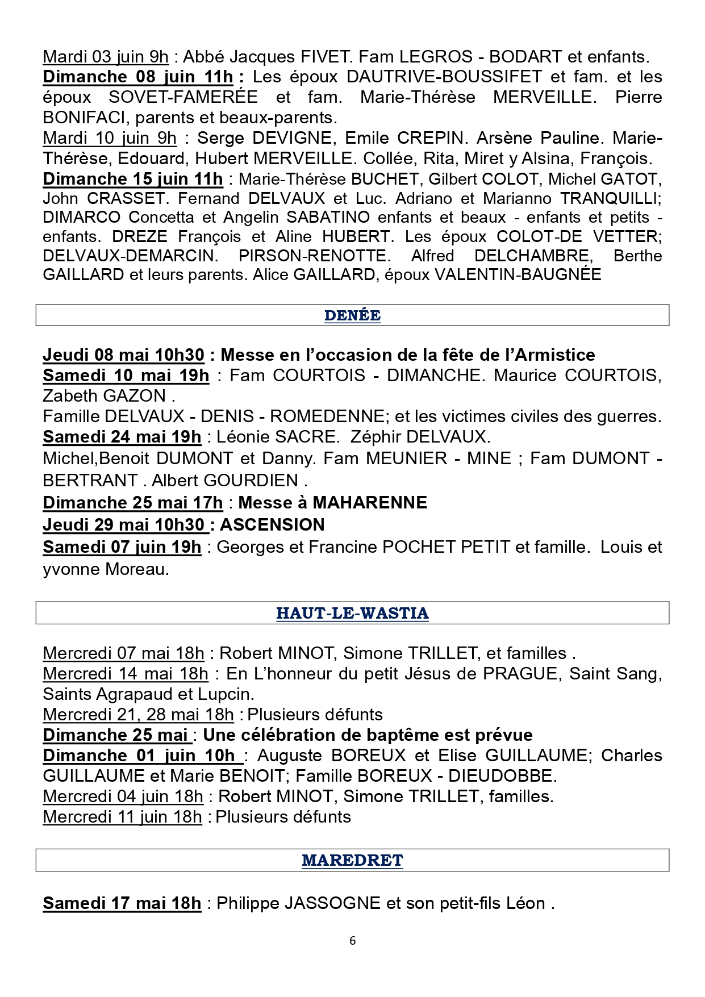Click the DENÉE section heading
352,315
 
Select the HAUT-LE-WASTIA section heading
352,614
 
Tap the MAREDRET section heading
352,860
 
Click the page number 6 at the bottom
352,941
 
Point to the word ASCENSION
272,524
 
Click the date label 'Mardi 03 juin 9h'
106,57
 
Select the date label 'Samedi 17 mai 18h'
122,903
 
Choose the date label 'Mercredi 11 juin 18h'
122,817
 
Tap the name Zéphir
376,437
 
